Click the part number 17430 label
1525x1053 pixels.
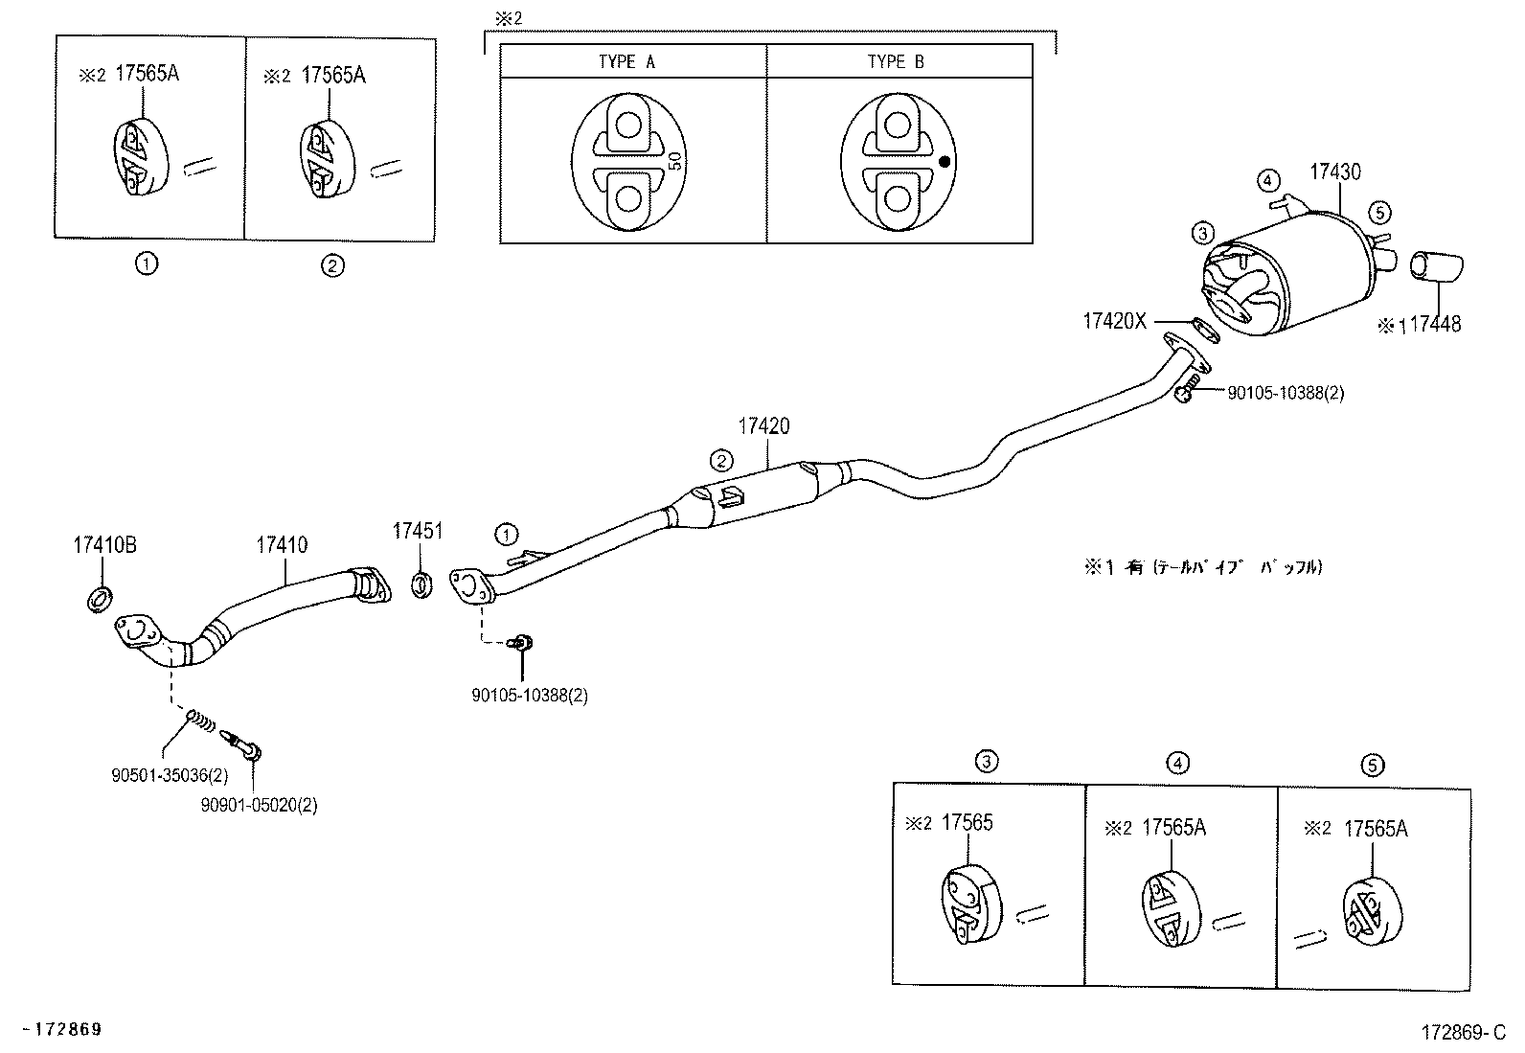tap(1334, 172)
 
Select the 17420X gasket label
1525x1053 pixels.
tap(1114, 322)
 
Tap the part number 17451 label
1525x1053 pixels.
tap(418, 531)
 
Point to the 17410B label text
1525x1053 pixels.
tap(104, 545)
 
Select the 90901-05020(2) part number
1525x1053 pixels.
tap(259, 806)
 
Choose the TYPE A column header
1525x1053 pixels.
tap(626, 62)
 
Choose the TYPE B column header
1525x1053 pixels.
tap(896, 62)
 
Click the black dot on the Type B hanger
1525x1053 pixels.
tap(945, 162)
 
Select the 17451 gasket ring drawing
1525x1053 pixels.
tap(420, 584)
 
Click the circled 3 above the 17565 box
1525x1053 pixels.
tap(987, 763)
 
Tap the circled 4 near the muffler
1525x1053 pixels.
tap(1267, 179)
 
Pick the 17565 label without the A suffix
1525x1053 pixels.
tap(967, 822)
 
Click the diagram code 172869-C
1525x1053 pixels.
tap(1464, 1032)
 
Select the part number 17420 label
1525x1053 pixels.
tap(763, 426)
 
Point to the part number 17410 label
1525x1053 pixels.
tap(282, 545)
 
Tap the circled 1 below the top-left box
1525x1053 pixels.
tap(147, 265)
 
